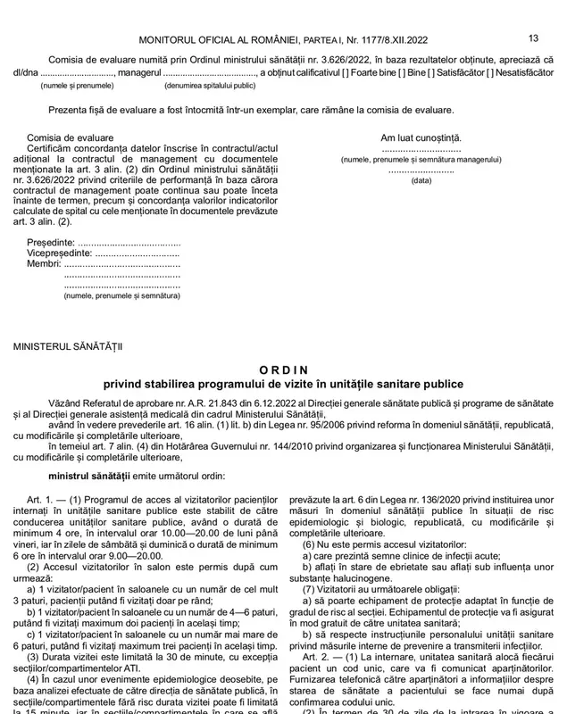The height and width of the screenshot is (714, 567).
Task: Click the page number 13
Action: pos(533,37)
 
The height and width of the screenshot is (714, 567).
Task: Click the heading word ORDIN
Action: pos(283,369)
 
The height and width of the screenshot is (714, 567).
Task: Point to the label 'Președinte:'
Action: pos(51,243)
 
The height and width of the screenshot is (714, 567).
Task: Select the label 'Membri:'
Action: pos(44,264)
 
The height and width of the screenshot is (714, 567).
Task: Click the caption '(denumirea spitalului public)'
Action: pos(209,86)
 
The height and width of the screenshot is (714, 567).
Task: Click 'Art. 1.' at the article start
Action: pos(41,495)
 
